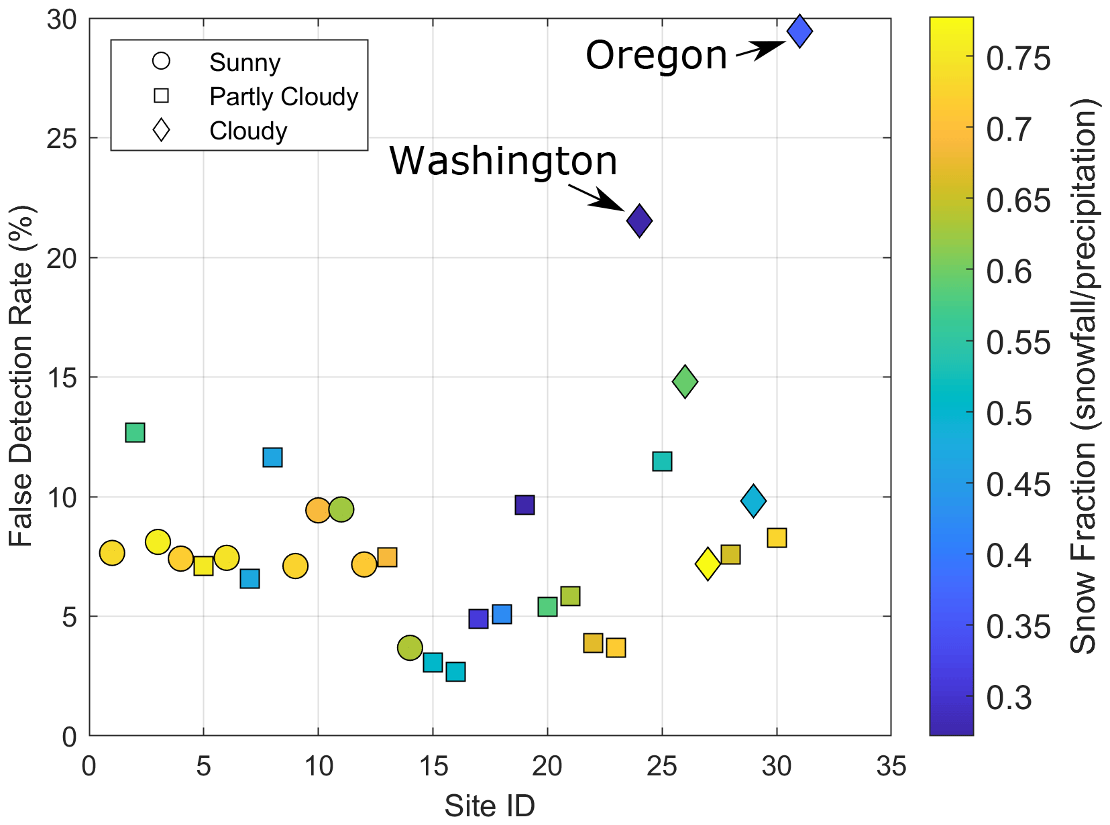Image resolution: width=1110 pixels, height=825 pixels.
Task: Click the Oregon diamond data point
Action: (x=799, y=31)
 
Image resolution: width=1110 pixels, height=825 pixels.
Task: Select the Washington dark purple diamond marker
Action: (x=639, y=220)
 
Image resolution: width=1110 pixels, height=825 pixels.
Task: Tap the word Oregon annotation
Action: (x=656, y=55)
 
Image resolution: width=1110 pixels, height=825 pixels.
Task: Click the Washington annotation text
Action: (x=503, y=161)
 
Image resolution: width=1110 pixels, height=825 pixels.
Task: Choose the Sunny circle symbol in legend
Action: (x=162, y=62)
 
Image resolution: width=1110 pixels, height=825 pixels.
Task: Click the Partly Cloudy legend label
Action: (x=284, y=97)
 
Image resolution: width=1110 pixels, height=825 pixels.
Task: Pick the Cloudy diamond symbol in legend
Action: (x=162, y=130)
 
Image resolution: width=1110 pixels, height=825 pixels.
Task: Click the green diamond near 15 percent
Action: (x=685, y=382)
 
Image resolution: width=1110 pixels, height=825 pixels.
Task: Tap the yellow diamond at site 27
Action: (x=708, y=564)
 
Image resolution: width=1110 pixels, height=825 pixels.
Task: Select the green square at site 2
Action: (x=135, y=433)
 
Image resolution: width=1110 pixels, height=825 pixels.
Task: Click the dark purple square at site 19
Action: (x=524, y=505)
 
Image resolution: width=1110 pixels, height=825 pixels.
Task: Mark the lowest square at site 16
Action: (x=455, y=672)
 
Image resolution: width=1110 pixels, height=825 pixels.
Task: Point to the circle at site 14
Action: (x=410, y=648)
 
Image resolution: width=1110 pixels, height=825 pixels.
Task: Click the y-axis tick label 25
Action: (x=62, y=139)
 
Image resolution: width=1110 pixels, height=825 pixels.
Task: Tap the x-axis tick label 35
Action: (x=891, y=766)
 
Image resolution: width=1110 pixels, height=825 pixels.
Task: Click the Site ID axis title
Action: (x=490, y=806)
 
